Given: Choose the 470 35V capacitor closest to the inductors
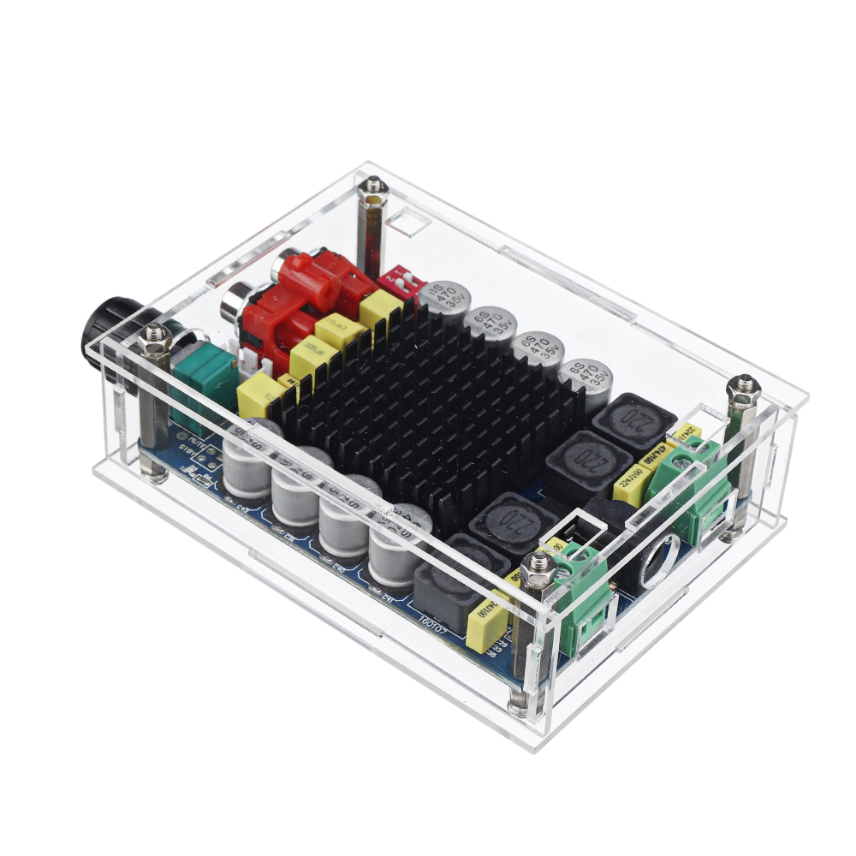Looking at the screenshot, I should [587, 377].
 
